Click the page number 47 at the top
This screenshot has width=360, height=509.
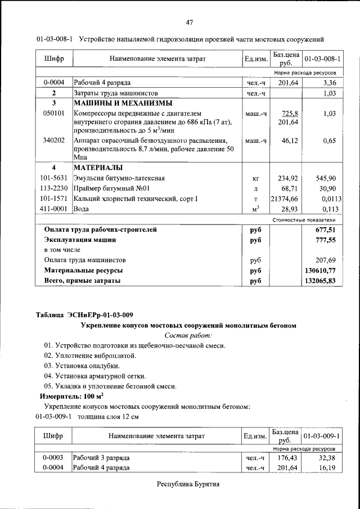pyautogui.click(x=190, y=22)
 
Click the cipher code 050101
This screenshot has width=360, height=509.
pyautogui.click(x=55, y=113)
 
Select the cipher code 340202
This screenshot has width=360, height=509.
pyautogui.click(x=55, y=140)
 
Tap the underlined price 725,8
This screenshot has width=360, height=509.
pyautogui.click(x=289, y=113)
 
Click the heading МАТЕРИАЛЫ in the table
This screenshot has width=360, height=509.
pyautogui.click(x=98, y=168)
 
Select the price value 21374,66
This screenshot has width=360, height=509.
pyautogui.click(x=284, y=199)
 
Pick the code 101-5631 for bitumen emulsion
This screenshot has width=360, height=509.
pyautogui.click(x=55, y=178)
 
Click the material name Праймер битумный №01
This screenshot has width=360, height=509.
pyautogui.click(x=111, y=188)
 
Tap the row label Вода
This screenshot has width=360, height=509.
pyautogui.click(x=82, y=209)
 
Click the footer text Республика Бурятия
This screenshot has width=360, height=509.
pyautogui.click(x=188, y=484)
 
